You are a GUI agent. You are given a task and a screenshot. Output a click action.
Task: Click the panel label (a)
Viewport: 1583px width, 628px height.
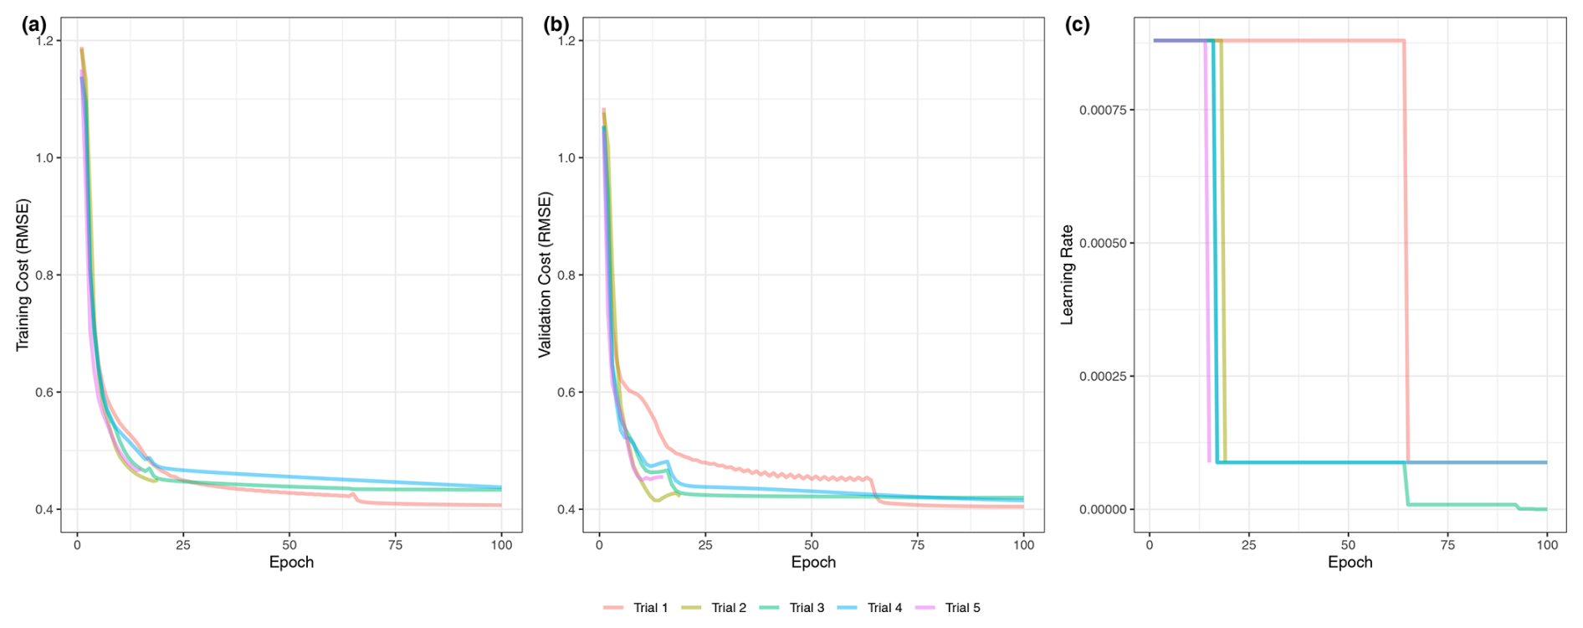click(x=33, y=25)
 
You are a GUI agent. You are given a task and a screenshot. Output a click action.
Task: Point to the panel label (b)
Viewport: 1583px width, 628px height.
click(x=556, y=25)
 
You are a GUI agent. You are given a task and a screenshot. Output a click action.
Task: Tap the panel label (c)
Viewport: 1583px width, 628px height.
click(x=1077, y=25)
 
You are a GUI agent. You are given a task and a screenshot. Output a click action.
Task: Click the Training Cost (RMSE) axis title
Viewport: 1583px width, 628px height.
click(x=23, y=275)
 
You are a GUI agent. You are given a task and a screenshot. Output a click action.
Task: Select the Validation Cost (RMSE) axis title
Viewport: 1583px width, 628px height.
click(x=545, y=275)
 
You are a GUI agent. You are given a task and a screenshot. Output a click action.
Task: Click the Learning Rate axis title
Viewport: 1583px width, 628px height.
click(x=1067, y=275)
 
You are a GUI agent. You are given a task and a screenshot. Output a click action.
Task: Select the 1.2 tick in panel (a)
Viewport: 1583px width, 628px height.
click(x=44, y=41)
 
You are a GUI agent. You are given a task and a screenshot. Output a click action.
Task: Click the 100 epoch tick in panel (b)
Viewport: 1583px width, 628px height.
click(x=1023, y=545)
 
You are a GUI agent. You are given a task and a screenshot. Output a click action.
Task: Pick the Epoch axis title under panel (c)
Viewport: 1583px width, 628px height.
click(x=1350, y=562)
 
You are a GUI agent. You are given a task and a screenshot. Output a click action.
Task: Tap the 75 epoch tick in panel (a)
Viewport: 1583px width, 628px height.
click(x=395, y=545)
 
